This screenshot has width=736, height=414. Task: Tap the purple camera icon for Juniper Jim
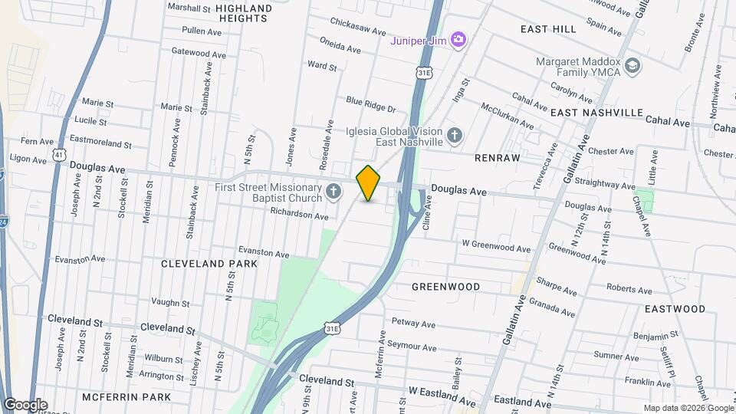458,39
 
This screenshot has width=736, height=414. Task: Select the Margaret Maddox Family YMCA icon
632,65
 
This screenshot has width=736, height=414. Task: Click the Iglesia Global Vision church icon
455,136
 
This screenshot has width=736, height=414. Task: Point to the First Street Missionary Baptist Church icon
333,191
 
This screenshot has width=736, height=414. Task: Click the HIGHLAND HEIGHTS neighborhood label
244,15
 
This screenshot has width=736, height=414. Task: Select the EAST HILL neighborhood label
547,29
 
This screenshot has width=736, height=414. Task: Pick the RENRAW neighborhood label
497,158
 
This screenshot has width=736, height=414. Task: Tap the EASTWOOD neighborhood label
675,309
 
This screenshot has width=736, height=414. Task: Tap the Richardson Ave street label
300,215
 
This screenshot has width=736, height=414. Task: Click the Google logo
25,404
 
